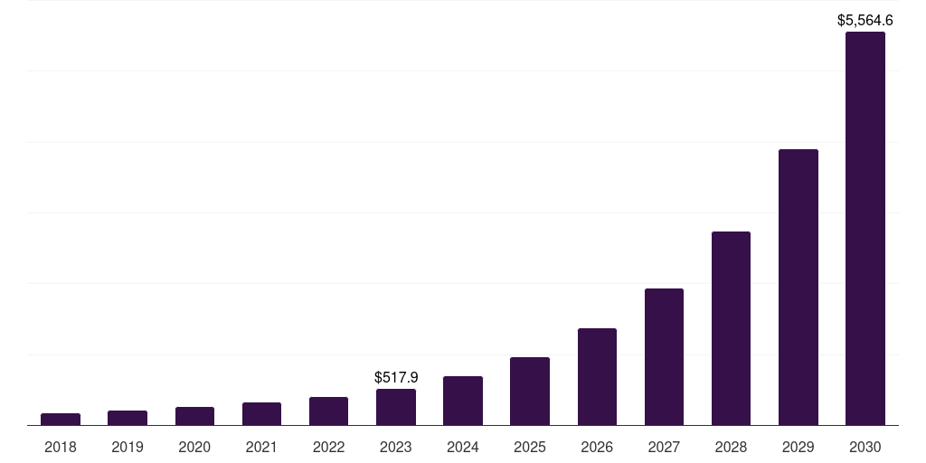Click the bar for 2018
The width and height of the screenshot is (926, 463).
[61, 420]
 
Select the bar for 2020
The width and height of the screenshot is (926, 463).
[194, 416]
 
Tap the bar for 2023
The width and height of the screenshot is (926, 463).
[396, 407]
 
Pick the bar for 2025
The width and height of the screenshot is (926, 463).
[530, 392]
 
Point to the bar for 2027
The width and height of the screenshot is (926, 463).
[664, 357]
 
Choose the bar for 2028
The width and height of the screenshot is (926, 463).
[731, 328]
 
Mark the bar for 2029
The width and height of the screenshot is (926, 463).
[798, 288]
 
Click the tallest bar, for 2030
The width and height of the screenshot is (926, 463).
[865, 229]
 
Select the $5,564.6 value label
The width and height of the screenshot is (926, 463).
[865, 19]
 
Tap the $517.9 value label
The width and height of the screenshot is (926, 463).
[396, 377]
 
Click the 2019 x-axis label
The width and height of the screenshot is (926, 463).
[128, 447]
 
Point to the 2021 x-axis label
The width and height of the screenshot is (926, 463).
[261, 447]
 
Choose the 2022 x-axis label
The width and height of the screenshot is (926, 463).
[328, 447]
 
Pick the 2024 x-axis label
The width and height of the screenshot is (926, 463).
[463, 447]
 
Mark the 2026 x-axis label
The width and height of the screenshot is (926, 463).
[597, 447]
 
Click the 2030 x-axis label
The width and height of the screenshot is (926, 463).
[865, 447]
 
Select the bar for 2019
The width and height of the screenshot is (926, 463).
[128, 418]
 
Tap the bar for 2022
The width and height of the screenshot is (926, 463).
[328, 411]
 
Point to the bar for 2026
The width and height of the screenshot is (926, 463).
[597, 377]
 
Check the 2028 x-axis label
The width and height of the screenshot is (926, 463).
[731, 447]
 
